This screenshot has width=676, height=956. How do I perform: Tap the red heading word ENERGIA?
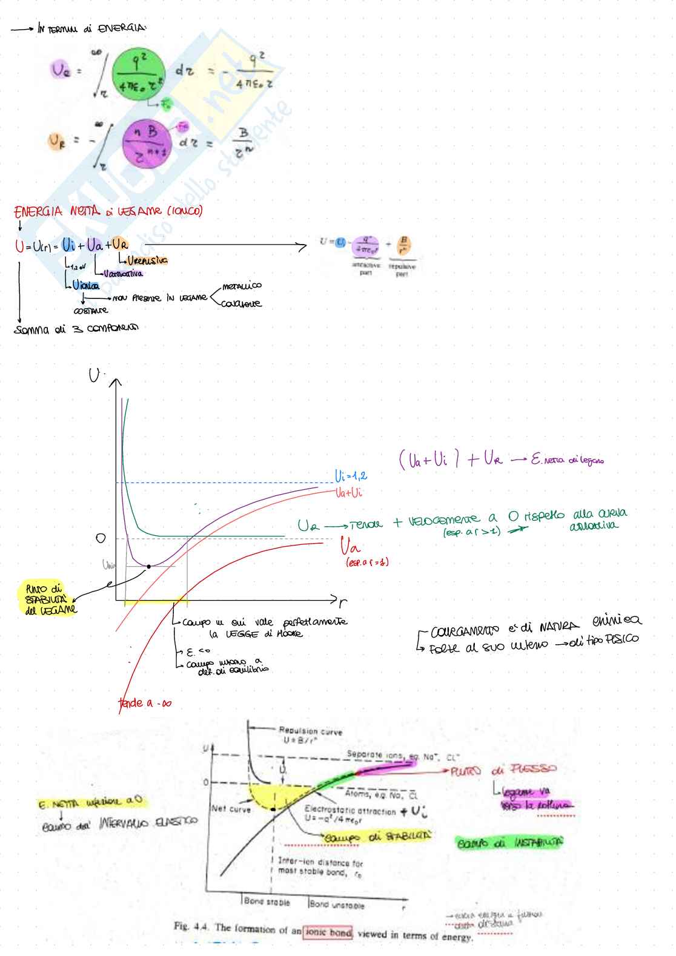click(38, 211)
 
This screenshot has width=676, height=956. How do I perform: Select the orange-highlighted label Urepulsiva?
click(147, 260)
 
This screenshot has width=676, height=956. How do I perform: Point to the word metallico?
click(242, 286)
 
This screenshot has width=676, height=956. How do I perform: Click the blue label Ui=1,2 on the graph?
click(351, 476)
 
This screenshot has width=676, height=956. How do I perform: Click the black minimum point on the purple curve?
click(148, 567)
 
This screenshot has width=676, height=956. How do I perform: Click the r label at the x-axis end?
click(343, 602)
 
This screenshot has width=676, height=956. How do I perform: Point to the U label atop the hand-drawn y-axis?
click(94, 376)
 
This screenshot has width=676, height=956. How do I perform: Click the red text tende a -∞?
click(144, 703)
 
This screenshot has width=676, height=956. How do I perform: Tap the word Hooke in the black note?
click(290, 634)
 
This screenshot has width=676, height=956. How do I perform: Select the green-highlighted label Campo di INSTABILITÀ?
click(509, 843)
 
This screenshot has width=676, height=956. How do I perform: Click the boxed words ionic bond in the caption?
click(328, 932)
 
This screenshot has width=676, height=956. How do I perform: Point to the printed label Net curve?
click(230, 808)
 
